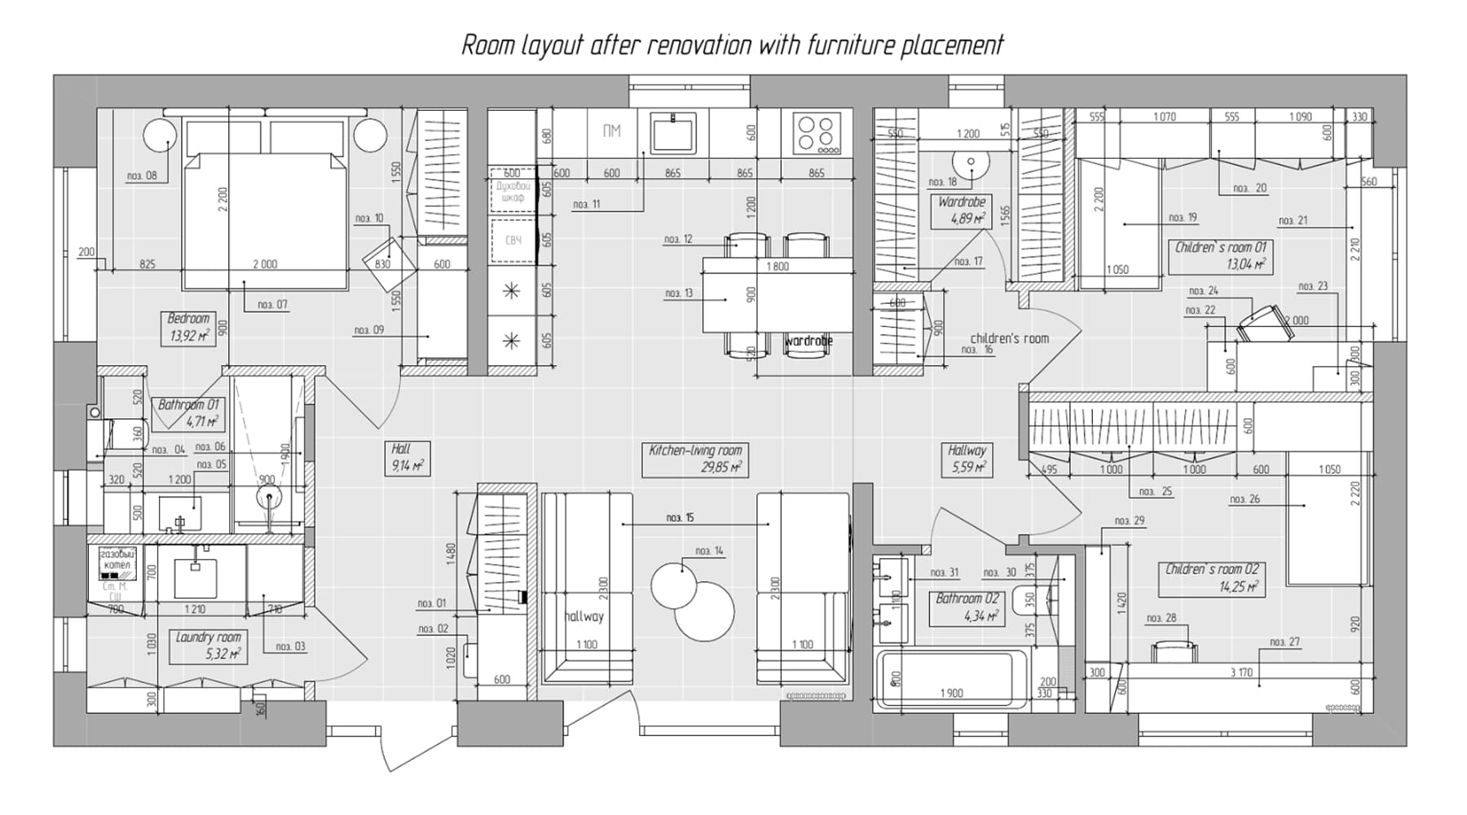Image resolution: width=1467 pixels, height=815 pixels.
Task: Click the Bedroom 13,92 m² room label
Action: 189,328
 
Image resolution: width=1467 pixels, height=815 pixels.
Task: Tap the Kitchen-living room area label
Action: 695,459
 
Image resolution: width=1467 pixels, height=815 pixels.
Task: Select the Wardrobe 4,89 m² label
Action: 962,209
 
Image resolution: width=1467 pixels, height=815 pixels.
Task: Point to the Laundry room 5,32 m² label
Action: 209,645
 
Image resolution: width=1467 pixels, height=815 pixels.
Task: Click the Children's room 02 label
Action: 1212,578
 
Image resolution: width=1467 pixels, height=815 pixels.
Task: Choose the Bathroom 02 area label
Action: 967,607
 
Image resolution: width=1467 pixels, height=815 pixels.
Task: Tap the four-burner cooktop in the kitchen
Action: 817,134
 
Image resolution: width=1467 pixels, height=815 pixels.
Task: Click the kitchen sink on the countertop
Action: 673,134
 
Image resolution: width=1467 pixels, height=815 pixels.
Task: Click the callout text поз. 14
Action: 709,552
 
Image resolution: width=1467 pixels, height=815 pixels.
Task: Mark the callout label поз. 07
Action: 272,305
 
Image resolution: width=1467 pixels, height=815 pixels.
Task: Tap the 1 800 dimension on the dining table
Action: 778,267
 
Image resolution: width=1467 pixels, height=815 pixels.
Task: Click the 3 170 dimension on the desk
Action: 1241,672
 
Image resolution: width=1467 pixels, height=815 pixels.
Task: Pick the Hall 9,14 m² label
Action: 407,457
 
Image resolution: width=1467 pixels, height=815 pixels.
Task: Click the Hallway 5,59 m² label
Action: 967,459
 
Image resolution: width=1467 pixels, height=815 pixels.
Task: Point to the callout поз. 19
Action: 1183,218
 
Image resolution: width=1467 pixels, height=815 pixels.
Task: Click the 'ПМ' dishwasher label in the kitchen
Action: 611,131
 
